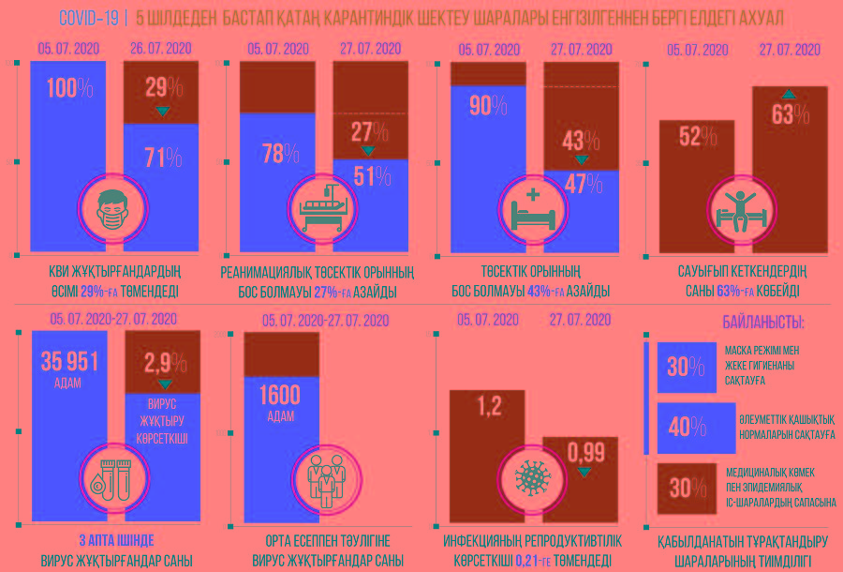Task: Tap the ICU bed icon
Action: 323,210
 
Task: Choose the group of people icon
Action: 323,474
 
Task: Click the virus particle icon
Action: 534,474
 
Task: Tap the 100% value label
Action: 69,89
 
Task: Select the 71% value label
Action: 163,157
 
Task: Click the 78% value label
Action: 279,154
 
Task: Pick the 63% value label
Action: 790,114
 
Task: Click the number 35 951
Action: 68,362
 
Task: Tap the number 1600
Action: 280,395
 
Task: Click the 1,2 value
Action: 490,408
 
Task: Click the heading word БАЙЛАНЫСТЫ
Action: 762,323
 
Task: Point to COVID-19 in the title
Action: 88,18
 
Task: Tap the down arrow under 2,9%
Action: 165,384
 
